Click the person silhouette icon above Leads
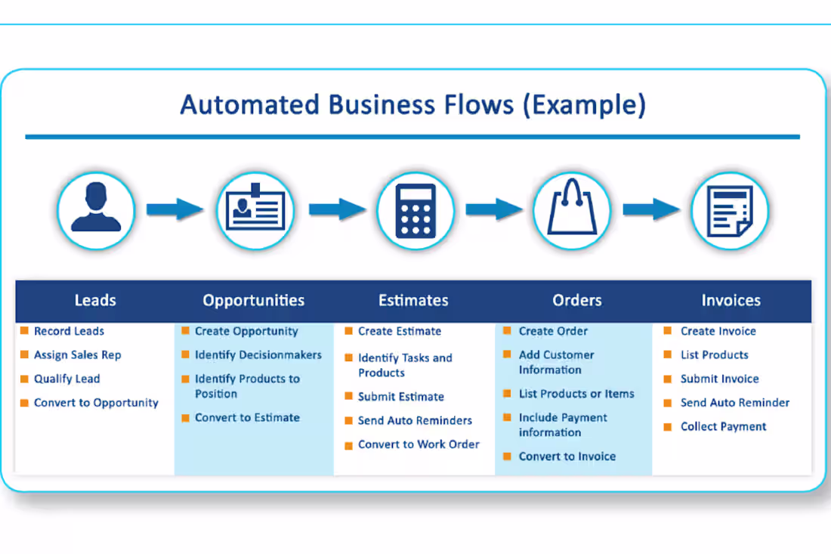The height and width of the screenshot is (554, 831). [96, 207]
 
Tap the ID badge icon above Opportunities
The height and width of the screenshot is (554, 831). [255, 207]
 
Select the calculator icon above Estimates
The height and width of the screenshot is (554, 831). [415, 210]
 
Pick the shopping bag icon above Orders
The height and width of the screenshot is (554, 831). [572, 207]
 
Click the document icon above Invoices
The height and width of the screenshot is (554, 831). [731, 210]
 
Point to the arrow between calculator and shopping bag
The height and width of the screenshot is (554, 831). [494, 209]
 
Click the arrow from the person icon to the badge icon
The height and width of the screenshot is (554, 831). [175, 209]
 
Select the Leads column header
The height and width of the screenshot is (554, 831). [95, 301]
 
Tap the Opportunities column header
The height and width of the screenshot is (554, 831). [253, 301]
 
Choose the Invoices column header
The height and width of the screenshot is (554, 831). [731, 301]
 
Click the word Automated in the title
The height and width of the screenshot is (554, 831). [249, 104]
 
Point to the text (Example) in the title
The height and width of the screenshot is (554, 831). [585, 105]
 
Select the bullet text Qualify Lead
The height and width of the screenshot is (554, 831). [66, 379]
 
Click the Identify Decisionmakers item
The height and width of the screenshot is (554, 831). [258, 354]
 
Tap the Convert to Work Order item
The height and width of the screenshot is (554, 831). [419, 444]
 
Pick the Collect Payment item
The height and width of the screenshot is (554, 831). [724, 427]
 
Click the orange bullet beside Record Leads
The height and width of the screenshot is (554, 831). [24, 331]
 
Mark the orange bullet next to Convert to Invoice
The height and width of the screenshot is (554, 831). [507, 456]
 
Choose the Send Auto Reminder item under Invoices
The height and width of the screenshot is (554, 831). [735, 403]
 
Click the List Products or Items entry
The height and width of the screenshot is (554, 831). [576, 394]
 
